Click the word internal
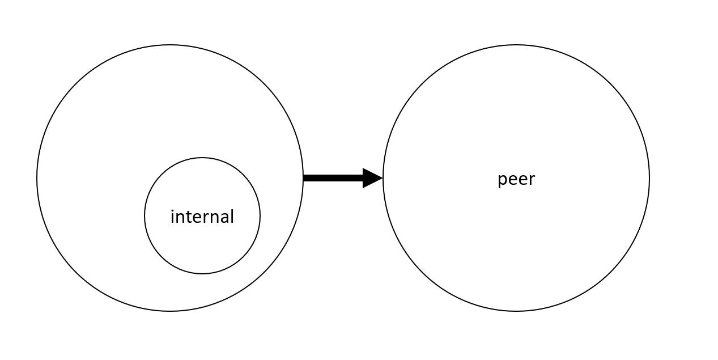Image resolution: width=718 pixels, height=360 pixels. click(x=202, y=217)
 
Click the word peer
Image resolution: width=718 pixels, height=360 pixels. click(x=516, y=179)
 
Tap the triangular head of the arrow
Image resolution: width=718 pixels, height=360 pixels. click(x=372, y=178)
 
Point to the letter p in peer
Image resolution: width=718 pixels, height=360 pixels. click(x=502, y=180)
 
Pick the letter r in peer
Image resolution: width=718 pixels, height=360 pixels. click(x=531, y=180)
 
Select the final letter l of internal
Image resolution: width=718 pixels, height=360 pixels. click(x=232, y=216)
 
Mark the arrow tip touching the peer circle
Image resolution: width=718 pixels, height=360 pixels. click(x=383, y=178)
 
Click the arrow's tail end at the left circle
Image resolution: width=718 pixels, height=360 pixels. click(x=304, y=178)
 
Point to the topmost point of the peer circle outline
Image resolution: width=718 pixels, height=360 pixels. click(x=516, y=45)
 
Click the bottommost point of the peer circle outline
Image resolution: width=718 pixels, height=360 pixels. click(x=516, y=311)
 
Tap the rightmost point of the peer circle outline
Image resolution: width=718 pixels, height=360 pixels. click(x=649, y=178)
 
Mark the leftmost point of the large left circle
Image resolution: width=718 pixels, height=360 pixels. click(x=37, y=178)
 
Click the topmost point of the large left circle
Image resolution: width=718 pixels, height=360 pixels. click(x=170, y=45)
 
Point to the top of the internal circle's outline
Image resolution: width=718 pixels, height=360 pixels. click(x=202, y=158)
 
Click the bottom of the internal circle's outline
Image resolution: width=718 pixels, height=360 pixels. click(x=202, y=274)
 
